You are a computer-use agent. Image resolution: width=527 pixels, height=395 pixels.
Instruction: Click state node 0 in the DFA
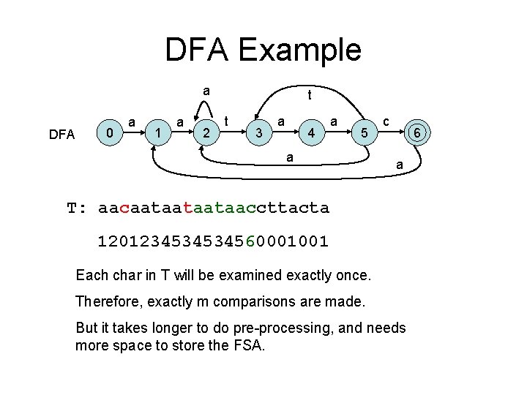(x=109, y=133)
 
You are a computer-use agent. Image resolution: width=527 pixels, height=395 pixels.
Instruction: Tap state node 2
(x=207, y=134)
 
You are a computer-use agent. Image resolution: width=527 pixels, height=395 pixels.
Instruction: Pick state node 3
(x=258, y=134)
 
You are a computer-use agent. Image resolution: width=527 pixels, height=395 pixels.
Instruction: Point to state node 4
(x=312, y=134)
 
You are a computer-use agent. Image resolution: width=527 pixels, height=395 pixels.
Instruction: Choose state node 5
(x=362, y=134)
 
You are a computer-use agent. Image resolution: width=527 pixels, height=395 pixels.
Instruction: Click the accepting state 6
(x=415, y=133)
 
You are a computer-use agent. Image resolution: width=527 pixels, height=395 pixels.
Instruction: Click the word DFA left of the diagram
(x=61, y=134)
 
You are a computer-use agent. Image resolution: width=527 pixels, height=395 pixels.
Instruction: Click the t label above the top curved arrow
(x=310, y=95)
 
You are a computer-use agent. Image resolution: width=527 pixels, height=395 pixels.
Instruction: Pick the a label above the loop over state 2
(x=207, y=91)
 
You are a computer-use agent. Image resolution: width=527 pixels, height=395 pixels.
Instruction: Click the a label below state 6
(x=399, y=167)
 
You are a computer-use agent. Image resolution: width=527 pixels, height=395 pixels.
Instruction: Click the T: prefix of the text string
(x=77, y=208)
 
